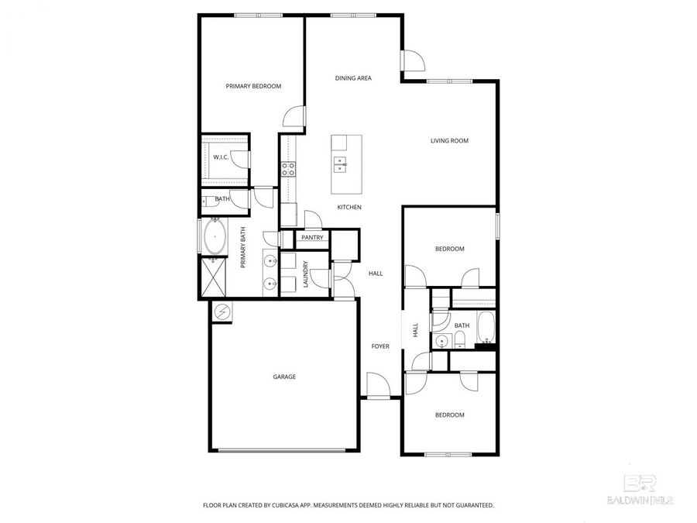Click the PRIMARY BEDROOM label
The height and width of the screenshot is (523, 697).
point(253,86)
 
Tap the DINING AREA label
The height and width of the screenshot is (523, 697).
point(353,78)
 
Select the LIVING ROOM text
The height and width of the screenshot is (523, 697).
point(450,140)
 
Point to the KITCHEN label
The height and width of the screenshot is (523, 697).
point(349,207)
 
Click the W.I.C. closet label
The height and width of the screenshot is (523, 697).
point(221,157)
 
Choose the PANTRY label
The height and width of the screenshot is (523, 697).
point(312,238)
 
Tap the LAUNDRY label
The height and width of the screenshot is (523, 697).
point(306,274)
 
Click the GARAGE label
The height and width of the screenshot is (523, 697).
point(284,377)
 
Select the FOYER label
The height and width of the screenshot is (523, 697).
point(380,346)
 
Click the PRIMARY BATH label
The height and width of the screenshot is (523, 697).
point(242,247)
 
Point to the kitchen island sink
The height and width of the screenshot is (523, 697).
point(341,163)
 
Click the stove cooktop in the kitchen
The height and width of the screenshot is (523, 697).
point(288,169)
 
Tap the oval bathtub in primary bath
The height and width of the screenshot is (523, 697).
point(215,237)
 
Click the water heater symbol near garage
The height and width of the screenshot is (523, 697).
point(223,311)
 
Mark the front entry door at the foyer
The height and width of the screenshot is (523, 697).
point(378,386)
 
